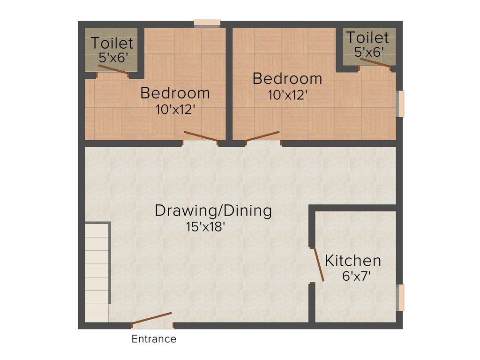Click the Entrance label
coord(154,339)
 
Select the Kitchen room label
coord(353,261)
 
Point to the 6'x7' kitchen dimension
coord(357,276)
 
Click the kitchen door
coord(318,265)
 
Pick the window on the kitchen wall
coord(399,297)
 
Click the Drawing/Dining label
coord(213,211)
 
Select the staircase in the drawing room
coord(97,272)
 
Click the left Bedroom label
coord(175,93)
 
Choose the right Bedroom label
coord(287,79)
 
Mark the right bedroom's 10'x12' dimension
coord(287,95)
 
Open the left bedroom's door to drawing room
coord(201,136)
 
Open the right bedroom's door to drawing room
coord(262,136)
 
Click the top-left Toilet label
coord(112,43)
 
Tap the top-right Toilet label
coord(367,37)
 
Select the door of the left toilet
coord(112,68)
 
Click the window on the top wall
coord(207,23)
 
